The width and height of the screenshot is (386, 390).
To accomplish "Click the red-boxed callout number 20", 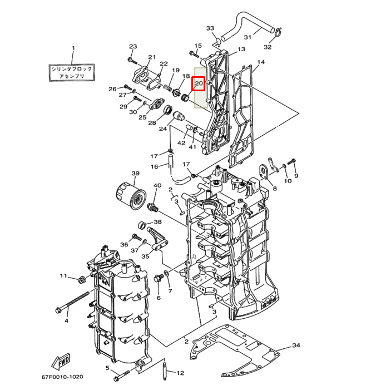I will pyautogui.click(x=199, y=84).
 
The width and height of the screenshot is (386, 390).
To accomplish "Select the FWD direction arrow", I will pyautogui.click(x=62, y=362).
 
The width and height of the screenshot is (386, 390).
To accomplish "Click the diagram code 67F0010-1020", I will pyautogui.click(x=62, y=377).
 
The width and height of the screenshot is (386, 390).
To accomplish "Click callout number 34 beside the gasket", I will pyautogui.click(x=296, y=345).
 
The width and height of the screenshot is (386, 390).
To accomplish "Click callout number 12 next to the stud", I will pyautogui.click(x=180, y=373).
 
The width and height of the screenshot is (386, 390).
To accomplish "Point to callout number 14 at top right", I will pyautogui.click(x=261, y=62).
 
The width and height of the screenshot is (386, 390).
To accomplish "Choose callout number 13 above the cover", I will pyautogui.click(x=241, y=50).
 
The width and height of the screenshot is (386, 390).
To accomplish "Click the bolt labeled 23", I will pyautogui.click(x=132, y=58).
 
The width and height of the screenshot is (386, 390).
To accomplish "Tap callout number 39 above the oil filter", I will pyautogui.click(x=135, y=174).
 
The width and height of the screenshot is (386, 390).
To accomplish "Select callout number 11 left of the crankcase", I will pyautogui.click(x=64, y=276).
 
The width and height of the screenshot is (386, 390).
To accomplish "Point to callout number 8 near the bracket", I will pyautogui.click(x=274, y=189).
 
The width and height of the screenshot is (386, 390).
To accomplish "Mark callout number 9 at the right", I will pyautogui.click(x=296, y=176).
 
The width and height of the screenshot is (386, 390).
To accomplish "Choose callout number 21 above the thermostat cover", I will pyautogui.click(x=152, y=57).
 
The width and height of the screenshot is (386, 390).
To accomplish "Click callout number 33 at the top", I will pyautogui.click(x=210, y=28).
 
